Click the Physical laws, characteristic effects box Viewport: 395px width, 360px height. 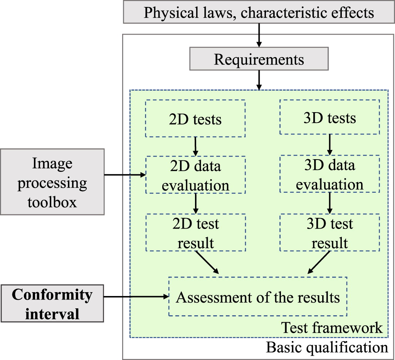[259, 12]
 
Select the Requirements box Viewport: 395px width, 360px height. [259, 60]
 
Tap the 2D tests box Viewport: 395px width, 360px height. [195, 119]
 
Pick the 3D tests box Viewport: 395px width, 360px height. [329, 118]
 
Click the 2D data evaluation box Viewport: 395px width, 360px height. [195, 175]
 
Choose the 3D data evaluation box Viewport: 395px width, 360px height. [329, 174]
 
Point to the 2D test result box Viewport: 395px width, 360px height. [195, 233]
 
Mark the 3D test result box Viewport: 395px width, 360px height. [329, 233]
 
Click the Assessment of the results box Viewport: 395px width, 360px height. [258, 297]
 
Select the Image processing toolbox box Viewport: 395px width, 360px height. [52, 182]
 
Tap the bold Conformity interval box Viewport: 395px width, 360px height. [52, 304]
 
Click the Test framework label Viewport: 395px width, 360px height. [332, 328]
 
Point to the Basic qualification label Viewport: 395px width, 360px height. [327, 348]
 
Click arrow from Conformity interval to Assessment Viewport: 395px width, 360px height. [136, 297]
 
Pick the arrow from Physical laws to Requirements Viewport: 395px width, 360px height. [259, 35]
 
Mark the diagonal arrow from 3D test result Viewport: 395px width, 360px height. [318, 262]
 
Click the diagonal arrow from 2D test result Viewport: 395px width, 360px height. [207, 262]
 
